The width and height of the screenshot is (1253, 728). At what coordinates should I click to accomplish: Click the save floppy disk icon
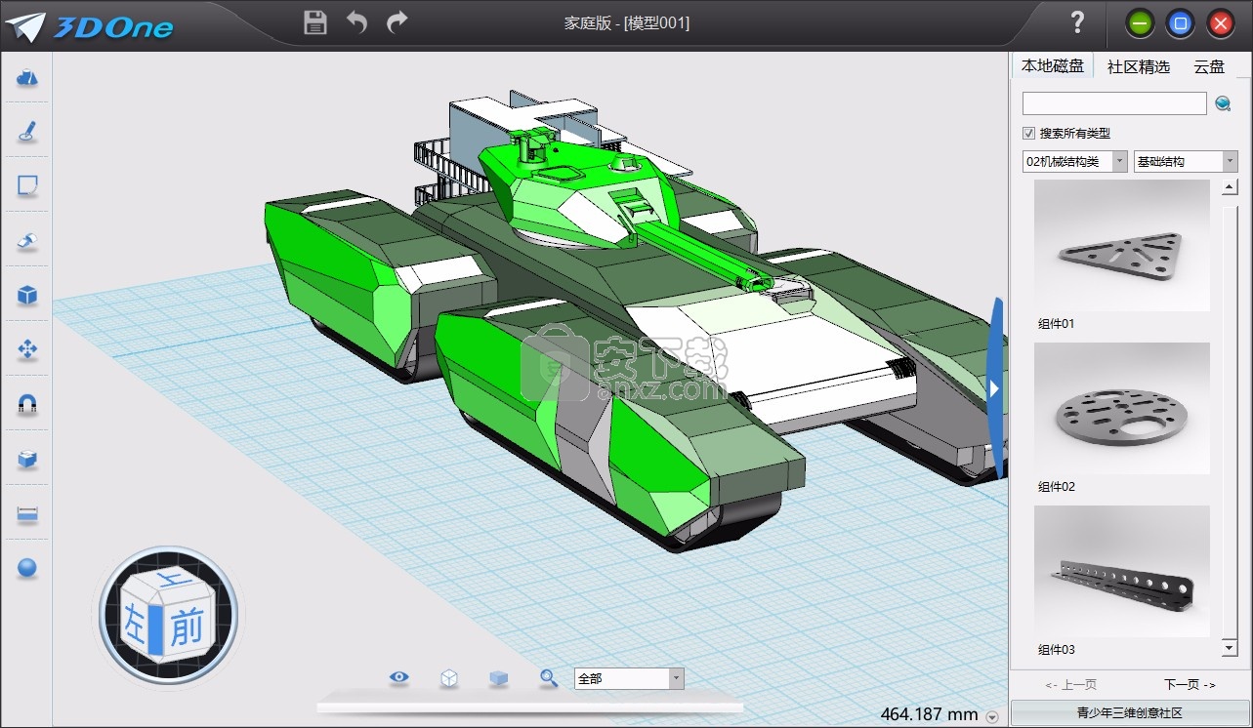coord(315,22)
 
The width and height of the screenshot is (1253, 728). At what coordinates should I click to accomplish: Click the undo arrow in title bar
coord(356,22)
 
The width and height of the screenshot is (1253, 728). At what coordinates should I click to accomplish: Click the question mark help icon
coord(1077,22)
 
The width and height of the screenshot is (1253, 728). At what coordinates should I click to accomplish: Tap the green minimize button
coord(1139,23)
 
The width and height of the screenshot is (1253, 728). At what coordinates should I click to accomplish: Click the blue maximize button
coord(1180,23)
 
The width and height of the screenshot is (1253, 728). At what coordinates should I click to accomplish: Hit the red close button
coord(1220,23)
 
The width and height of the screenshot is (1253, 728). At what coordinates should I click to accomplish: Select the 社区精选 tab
coord(1138,66)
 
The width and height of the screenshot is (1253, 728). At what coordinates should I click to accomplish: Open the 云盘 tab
coord(1208,66)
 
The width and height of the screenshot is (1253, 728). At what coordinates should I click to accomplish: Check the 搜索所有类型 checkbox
coord(1028,134)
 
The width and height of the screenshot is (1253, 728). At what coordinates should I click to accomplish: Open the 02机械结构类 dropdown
coord(1074,161)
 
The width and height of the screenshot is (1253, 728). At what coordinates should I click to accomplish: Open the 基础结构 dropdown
coord(1185,161)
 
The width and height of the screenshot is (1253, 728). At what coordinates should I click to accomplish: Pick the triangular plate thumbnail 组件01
coord(1121,246)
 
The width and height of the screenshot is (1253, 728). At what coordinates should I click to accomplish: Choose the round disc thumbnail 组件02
coord(1121,409)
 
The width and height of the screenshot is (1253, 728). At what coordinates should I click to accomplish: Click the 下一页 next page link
coord(1189,684)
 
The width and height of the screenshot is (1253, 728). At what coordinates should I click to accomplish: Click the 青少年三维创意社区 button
coord(1129,712)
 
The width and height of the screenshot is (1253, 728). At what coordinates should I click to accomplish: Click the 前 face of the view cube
coord(186,629)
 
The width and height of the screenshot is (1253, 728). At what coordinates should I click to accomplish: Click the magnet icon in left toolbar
coord(27,403)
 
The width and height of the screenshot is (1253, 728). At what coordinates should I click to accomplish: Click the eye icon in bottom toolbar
coord(398,677)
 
